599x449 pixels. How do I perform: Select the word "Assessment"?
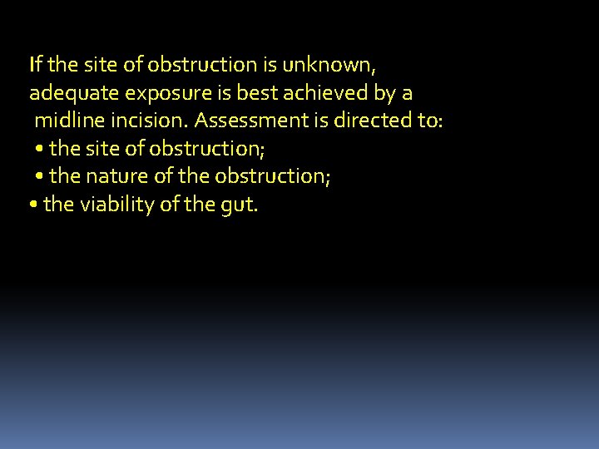coord(252,121)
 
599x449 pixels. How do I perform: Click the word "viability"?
coord(116,205)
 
